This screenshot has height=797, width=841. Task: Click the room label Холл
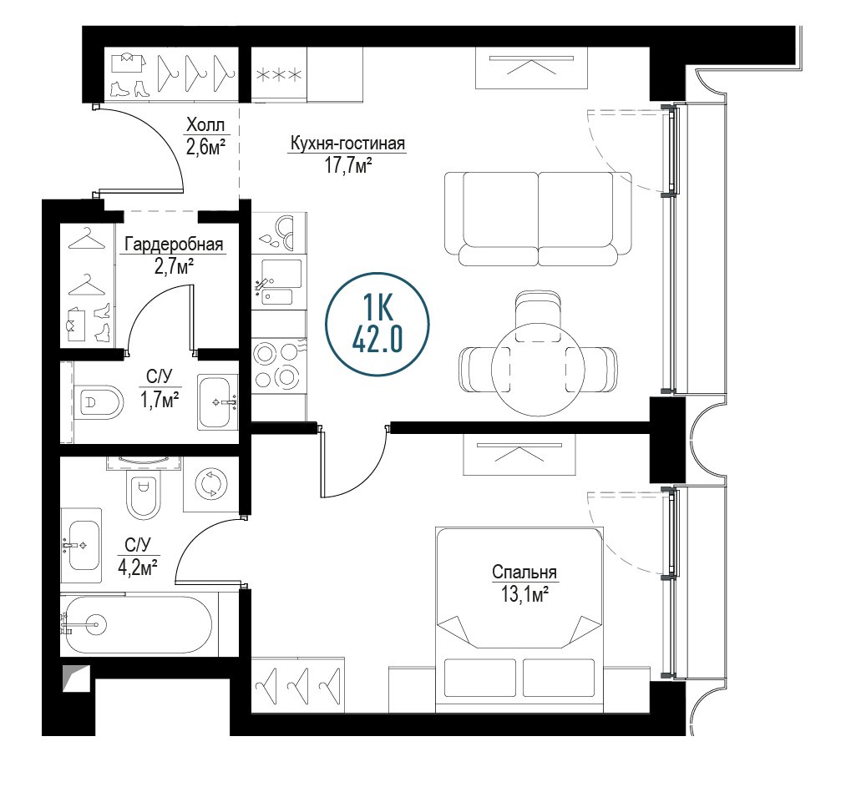click(205, 125)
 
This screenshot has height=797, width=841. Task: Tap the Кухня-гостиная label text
click(347, 144)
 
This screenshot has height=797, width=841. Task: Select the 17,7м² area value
click(348, 165)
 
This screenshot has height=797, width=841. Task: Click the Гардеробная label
click(174, 245)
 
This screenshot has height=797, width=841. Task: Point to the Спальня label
click(524, 573)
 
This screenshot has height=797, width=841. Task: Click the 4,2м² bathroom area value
click(138, 567)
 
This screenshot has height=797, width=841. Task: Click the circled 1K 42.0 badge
click(377, 325)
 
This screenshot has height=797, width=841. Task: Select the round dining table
click(538, 369)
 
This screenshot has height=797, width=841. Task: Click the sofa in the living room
click(538, 219)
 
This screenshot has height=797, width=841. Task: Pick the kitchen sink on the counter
click(278, 282)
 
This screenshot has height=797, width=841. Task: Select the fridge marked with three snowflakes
click(279, 74)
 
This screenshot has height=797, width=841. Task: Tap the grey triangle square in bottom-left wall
click(76, 678)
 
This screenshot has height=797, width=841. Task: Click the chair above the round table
click(538, 316)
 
